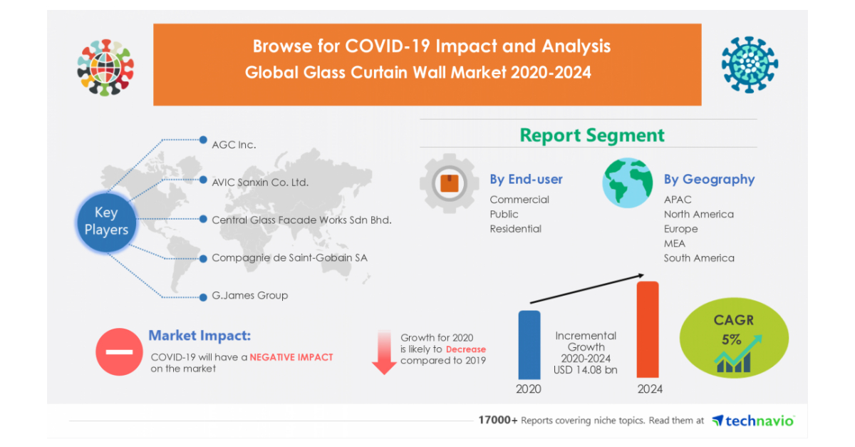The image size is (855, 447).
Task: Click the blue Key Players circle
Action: (x=106, y=221)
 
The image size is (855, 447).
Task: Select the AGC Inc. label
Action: (x=234, y=145)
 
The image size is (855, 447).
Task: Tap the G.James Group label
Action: (x=249, y=295)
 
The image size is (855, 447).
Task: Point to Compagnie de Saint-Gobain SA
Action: (x=289, y=257)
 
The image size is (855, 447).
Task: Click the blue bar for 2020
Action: (x=529, y=344)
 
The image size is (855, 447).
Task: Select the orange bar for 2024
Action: (x=648, y=329)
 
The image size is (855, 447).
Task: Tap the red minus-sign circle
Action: (x=118, y=352)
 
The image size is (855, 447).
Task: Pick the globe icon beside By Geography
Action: (x=627, y=183)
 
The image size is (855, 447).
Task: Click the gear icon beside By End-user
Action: (x=449, y=184)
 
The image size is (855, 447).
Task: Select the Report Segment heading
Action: (x=591, y=135)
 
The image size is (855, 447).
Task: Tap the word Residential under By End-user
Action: (x=515, y=229)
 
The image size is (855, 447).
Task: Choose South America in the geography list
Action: (x=699, y=258)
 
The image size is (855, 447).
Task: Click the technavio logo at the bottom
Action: (x=753, y=421)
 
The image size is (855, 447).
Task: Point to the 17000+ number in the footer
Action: (x=497, y=421)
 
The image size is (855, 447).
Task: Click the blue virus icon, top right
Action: (x=749, y=65)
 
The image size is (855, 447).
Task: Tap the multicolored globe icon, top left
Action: (x=105, y=68)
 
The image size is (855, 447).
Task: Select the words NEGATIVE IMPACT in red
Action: (x=291, y=357)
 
